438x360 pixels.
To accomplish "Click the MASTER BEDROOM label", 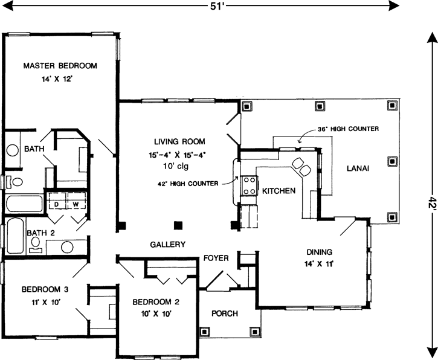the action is point(60,66).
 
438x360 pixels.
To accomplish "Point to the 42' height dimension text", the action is point(433,205).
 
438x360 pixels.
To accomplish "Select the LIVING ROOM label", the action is point(179,141).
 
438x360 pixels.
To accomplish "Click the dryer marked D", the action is point(57,201).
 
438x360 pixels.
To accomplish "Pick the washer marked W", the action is point(76,201).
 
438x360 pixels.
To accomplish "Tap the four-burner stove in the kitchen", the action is point(250,185).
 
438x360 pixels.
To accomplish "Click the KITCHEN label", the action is point(279,191).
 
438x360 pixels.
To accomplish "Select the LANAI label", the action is point(358,169).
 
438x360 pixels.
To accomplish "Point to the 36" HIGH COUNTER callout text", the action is point(349,129).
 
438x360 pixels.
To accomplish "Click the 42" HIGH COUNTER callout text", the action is point(188,184).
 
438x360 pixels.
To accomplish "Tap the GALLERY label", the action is point(167,245).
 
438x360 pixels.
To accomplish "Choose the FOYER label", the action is point(216,258).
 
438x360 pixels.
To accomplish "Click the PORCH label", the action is point(225,313).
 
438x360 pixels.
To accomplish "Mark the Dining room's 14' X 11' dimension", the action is point(319,264).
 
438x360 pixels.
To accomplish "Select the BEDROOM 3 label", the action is point(45,289).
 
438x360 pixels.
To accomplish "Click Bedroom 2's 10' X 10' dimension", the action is point(156,314).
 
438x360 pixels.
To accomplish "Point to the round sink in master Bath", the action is point(12,150).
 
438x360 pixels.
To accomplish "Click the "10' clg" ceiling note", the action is point(176,167).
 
